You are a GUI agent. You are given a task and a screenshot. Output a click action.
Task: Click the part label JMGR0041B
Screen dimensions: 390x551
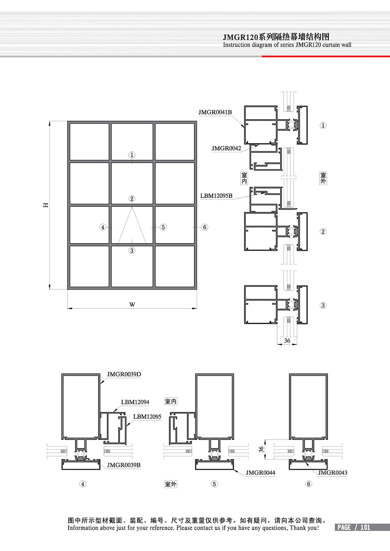pyautogui.click(x=215, y=112)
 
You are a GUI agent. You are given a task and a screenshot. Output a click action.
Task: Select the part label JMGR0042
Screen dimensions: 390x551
pyautogui.click(x=226, y=148)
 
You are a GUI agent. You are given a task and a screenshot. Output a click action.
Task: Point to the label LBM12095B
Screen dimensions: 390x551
pyautogui.click(x=216, y=196)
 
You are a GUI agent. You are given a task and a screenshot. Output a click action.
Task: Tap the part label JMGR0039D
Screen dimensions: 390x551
pyautogui.click(x=124, y=374)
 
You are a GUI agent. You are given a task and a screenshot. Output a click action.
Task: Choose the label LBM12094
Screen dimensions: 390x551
pyautogui.click(x=135, y=402)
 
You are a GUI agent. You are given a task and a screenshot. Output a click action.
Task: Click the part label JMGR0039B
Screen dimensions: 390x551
pyautogui.click(x=123, y=465)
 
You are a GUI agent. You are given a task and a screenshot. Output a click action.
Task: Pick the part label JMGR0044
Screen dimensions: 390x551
pyautogui.click(x=261, y=472)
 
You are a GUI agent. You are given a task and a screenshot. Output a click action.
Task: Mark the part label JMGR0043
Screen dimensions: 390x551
pyautogui.click(x=332, y=472)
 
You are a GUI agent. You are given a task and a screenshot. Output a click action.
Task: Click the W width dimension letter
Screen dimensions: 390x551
pyautogui.click(x=132, y=305)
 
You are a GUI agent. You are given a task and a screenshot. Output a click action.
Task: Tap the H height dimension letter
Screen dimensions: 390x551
pyautogui.click(x=46, y=205)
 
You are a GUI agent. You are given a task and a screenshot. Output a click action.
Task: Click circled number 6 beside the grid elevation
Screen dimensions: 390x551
pyautogui.click(x=205, y=227)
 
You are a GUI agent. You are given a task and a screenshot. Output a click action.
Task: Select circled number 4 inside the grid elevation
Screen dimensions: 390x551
pyautogui.click(x=103, y=227)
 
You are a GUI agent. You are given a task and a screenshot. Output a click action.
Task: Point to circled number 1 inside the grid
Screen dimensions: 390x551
pyautogui.click(x=132, y=155)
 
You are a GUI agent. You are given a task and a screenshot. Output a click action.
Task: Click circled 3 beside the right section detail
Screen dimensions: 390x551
pyautogui.click(x=323, y=305)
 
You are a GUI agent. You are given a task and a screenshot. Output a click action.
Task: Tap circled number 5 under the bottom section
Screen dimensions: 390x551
pyautogui.click(x=214, y=484)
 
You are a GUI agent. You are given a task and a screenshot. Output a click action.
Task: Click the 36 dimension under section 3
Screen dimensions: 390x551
pyautogui.click(x=287, y=341)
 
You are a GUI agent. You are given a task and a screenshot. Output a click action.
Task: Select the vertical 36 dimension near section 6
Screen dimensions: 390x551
pyautogui.click(x=261, y=449)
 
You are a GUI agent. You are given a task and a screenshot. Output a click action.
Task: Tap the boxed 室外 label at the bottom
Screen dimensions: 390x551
pyautogui.click(x=171, y=484)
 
